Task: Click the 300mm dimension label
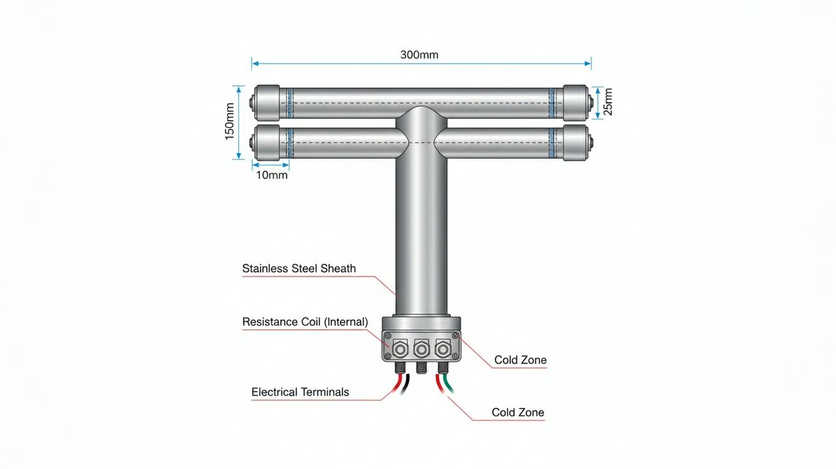[x=419, y=55]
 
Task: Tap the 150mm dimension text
[x=229, y=122]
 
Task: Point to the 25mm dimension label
[x=608, y=101]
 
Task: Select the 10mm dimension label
[x=271, y=175]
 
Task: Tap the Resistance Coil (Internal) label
[x=305, y=322]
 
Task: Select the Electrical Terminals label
[x=300, y=392]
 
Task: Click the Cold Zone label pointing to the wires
[x=517, y=412]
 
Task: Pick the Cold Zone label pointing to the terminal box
[x=520, y=359]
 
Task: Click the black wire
[x=405, y=384]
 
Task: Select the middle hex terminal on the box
[x=421, y=349]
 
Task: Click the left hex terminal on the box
[x=400, y=349]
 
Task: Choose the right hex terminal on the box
[x=443, y=349]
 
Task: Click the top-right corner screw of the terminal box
[x=455, y=336]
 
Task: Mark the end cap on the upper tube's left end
[x=266, y=103]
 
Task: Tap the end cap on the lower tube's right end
[x=575, y=143]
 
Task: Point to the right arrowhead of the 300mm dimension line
[x=588, y=64]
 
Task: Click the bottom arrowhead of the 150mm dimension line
[x=238, y=156]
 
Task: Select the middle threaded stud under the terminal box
[x=421, y=367]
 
